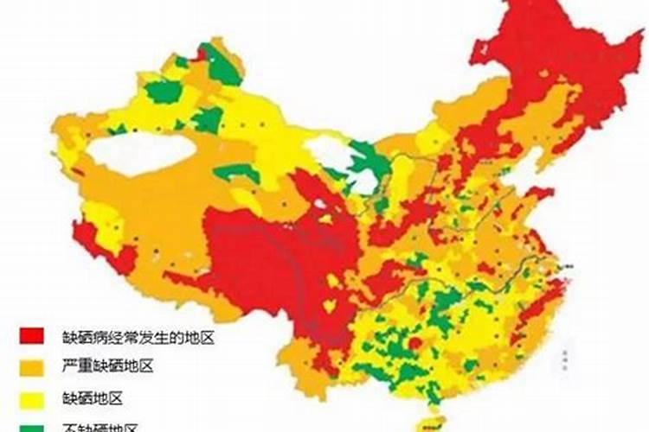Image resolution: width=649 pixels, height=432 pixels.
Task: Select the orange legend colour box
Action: [x=33, y=366]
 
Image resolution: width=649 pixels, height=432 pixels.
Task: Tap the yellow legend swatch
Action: [x=33, y=397]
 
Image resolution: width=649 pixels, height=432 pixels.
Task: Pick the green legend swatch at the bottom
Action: [x=33, y=425]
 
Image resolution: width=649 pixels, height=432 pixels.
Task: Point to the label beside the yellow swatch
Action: [x=92, y=398]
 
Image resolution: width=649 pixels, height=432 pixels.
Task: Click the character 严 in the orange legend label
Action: [x=67, y=367]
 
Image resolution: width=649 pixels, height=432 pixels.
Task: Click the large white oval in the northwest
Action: [x=140, y=153]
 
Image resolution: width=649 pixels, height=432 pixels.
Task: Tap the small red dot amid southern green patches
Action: [x=414, y=344]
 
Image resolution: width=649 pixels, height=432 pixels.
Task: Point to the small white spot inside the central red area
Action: [x=320, y=205]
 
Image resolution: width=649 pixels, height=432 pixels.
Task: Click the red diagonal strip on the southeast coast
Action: [x=528, y=324]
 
